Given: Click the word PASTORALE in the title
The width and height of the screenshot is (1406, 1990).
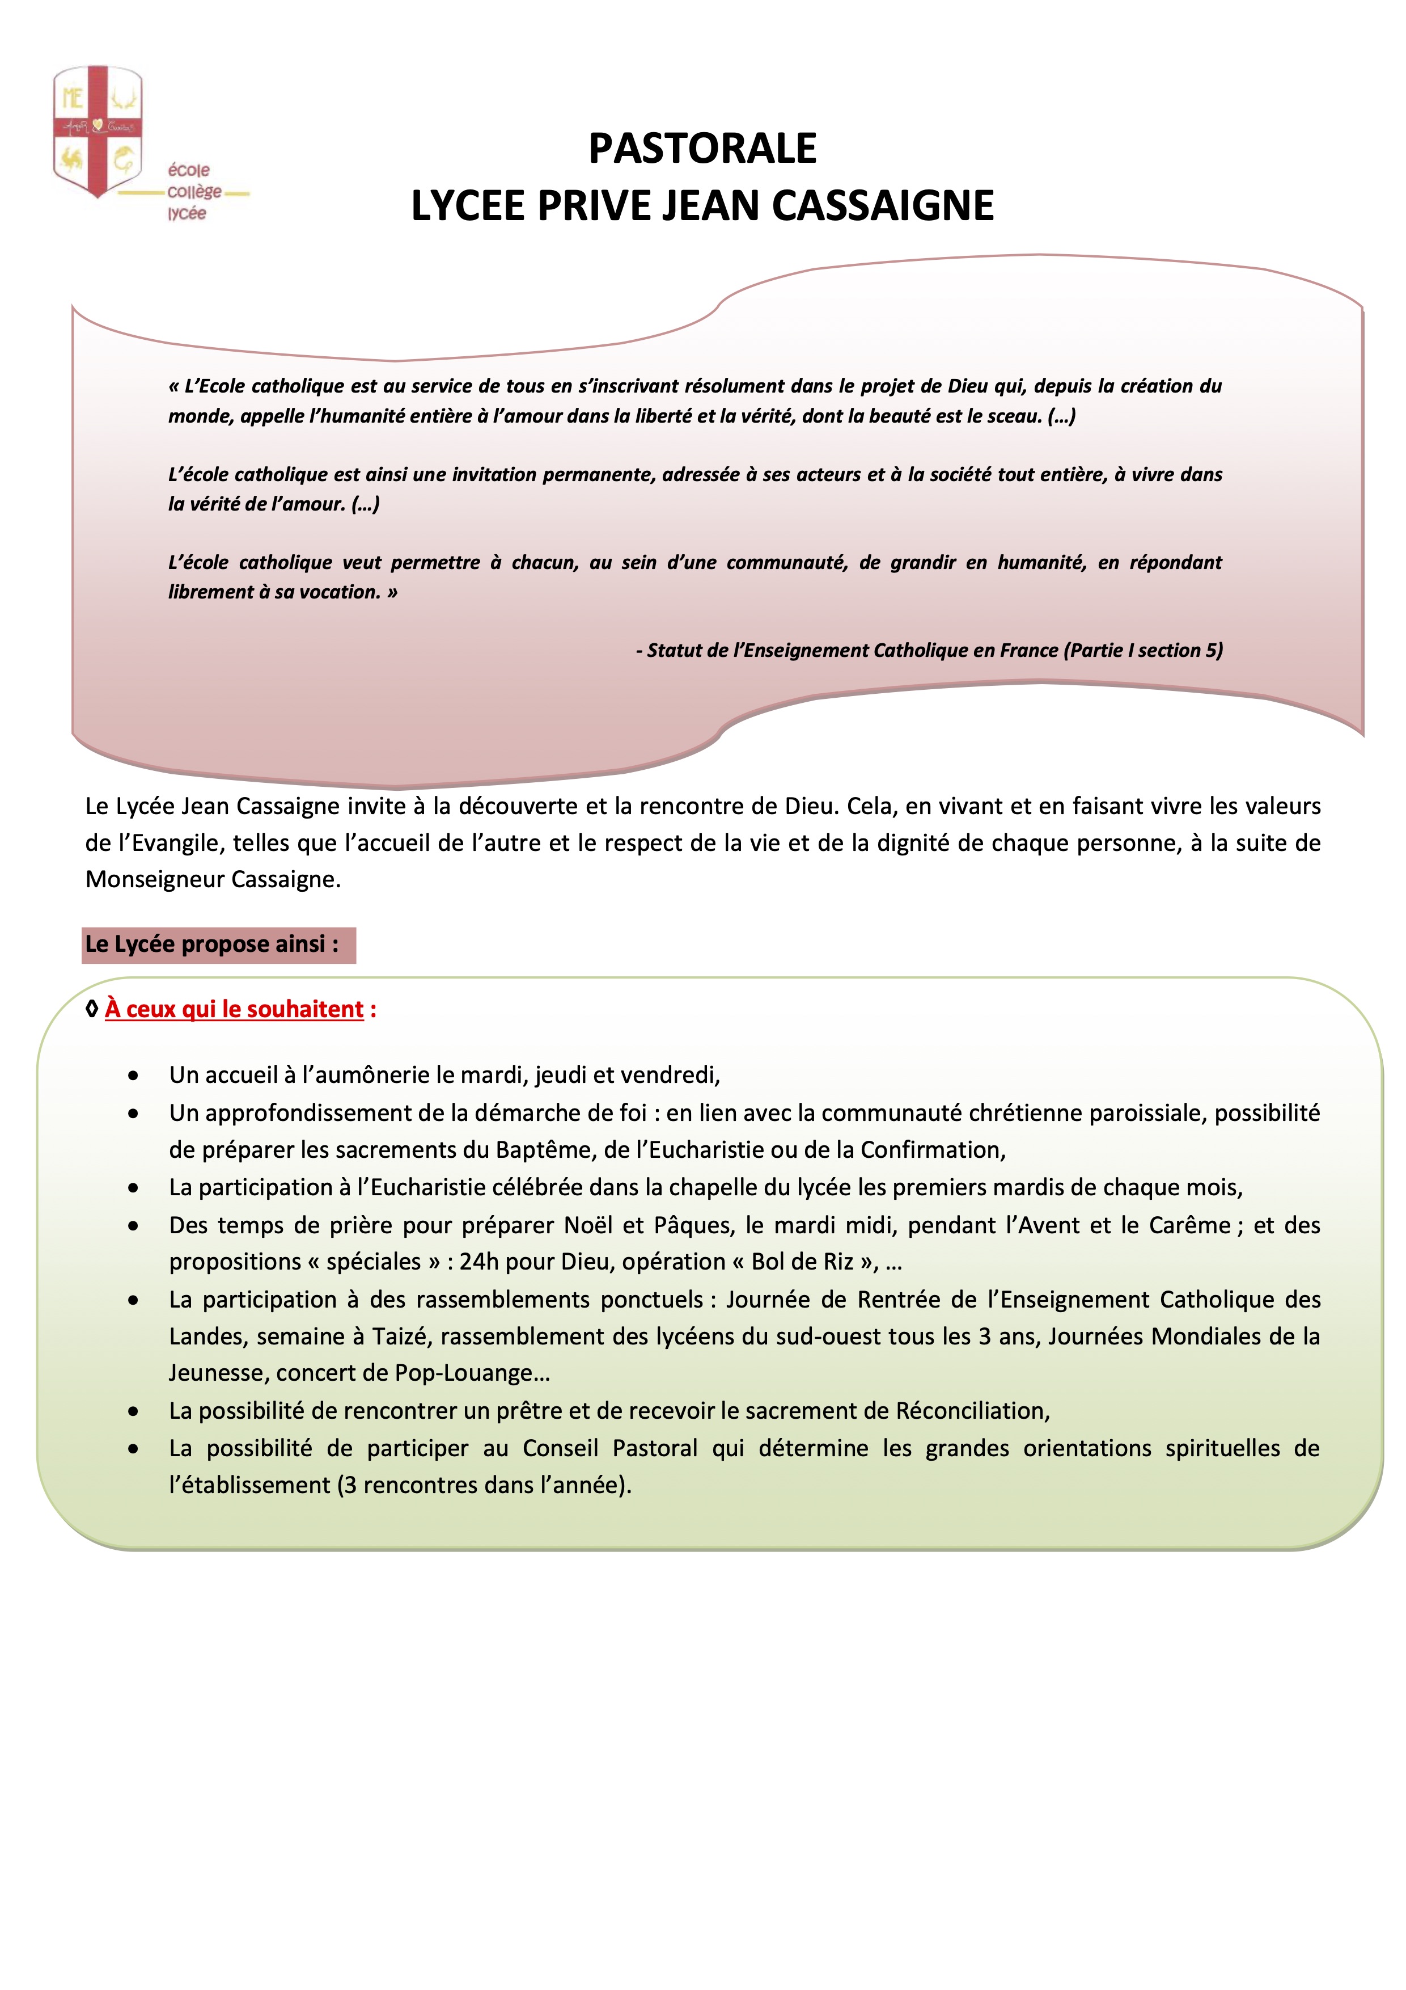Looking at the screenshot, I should point(702,148).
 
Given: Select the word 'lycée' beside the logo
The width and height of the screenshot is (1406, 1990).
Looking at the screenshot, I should point(187,213).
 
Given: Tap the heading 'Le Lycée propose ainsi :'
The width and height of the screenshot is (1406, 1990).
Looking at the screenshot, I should point(212,944).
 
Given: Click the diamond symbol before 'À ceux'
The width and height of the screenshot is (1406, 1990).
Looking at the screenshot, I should point(92,1010).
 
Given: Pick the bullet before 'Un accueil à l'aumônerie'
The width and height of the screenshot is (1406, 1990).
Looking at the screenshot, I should point(133,1076).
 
